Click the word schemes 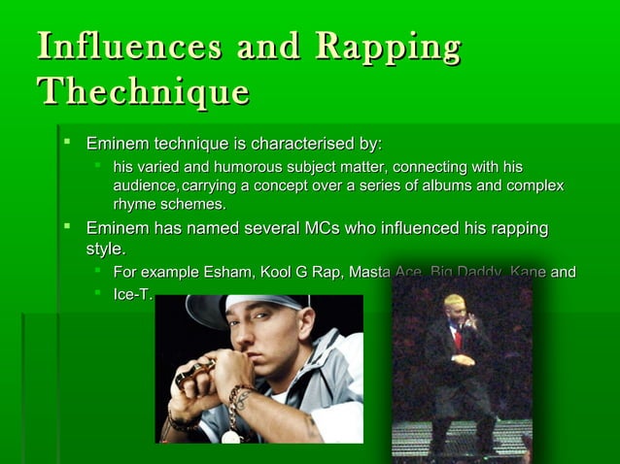pos(193,204)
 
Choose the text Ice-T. pos(132,292)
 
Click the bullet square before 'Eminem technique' pos(68,144)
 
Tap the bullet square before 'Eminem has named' pos(68,228)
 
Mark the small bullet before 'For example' pos(97,272)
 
